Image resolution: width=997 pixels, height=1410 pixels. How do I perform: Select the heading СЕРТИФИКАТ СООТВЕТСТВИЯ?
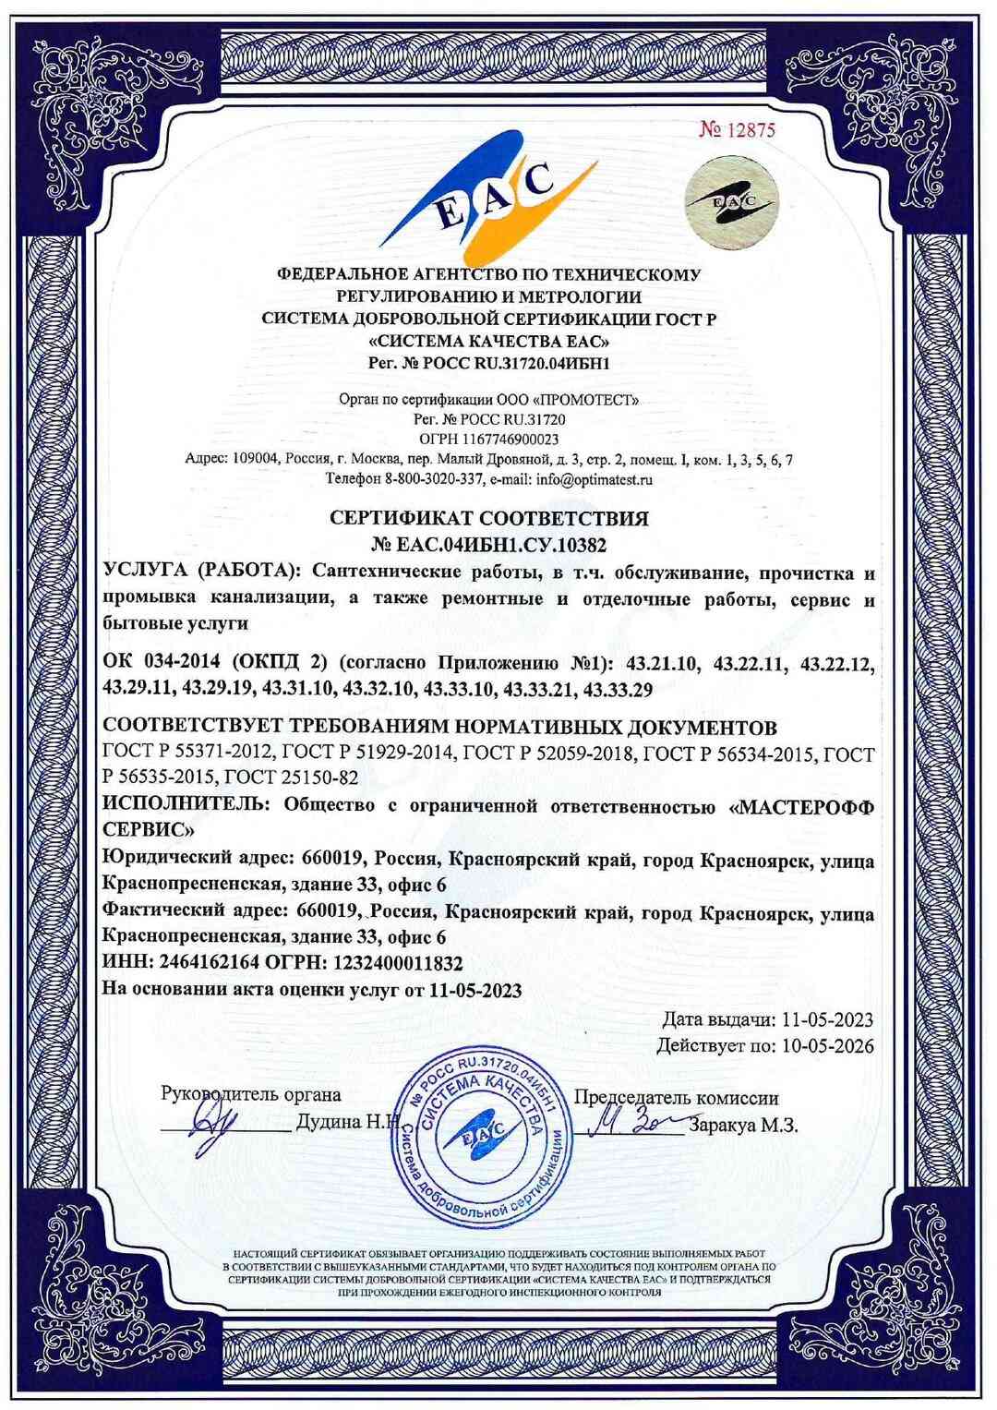click(489, 517)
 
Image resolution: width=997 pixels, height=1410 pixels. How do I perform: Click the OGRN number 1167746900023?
click(506, 439)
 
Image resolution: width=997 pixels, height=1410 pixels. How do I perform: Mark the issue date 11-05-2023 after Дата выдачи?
click(826, 1020)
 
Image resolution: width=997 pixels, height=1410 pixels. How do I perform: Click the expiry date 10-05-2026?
click(826, 1046)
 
